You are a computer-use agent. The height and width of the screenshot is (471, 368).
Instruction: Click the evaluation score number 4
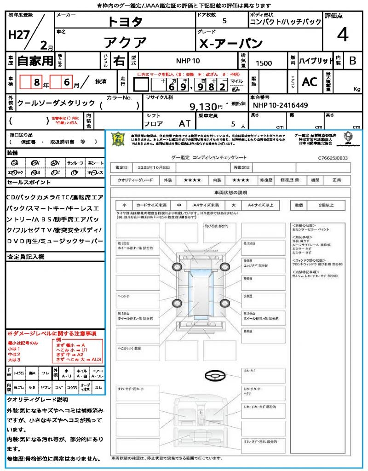click(342, 35)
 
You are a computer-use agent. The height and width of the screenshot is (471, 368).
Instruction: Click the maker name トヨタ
click(125, 22)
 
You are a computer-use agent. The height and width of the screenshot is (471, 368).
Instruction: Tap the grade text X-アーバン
click(231, 44)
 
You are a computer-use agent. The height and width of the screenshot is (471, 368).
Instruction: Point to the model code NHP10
click(188, 61)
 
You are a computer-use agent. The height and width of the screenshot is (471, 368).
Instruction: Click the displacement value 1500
click(264, 63)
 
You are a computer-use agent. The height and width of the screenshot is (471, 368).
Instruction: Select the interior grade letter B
click(352, 61)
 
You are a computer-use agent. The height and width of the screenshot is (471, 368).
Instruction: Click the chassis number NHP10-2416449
click(281, 105)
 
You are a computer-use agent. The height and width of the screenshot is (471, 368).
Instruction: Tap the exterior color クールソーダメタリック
click(56, 103)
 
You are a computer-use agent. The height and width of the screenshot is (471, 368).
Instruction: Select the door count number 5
click(224, 21)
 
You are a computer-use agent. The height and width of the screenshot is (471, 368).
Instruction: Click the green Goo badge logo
click(119, 139)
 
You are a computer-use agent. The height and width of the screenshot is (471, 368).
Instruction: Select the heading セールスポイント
click(29, 183)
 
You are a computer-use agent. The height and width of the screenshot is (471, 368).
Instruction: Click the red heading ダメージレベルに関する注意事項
click(52, 333)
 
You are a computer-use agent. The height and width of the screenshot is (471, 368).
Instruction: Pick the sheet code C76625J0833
click(332, 158)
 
